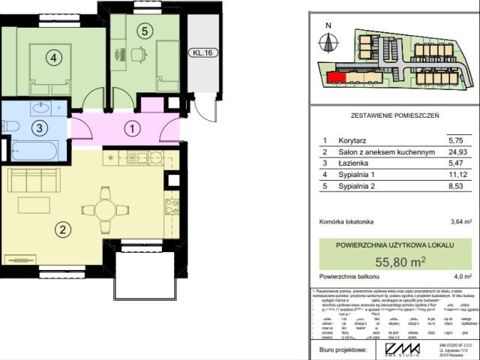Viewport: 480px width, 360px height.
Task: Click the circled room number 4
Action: pos(52,56)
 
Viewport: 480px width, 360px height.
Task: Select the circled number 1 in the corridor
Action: pos(132,129)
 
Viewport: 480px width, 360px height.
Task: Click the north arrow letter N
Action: pos(327,25)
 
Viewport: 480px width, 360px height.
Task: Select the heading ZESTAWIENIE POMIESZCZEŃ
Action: pos(394,116)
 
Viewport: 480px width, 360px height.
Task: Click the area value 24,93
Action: pos(457,152)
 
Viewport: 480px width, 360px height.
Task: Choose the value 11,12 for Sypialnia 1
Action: pos(457,175)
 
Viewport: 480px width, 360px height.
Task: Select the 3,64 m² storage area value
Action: pos(460,222)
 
